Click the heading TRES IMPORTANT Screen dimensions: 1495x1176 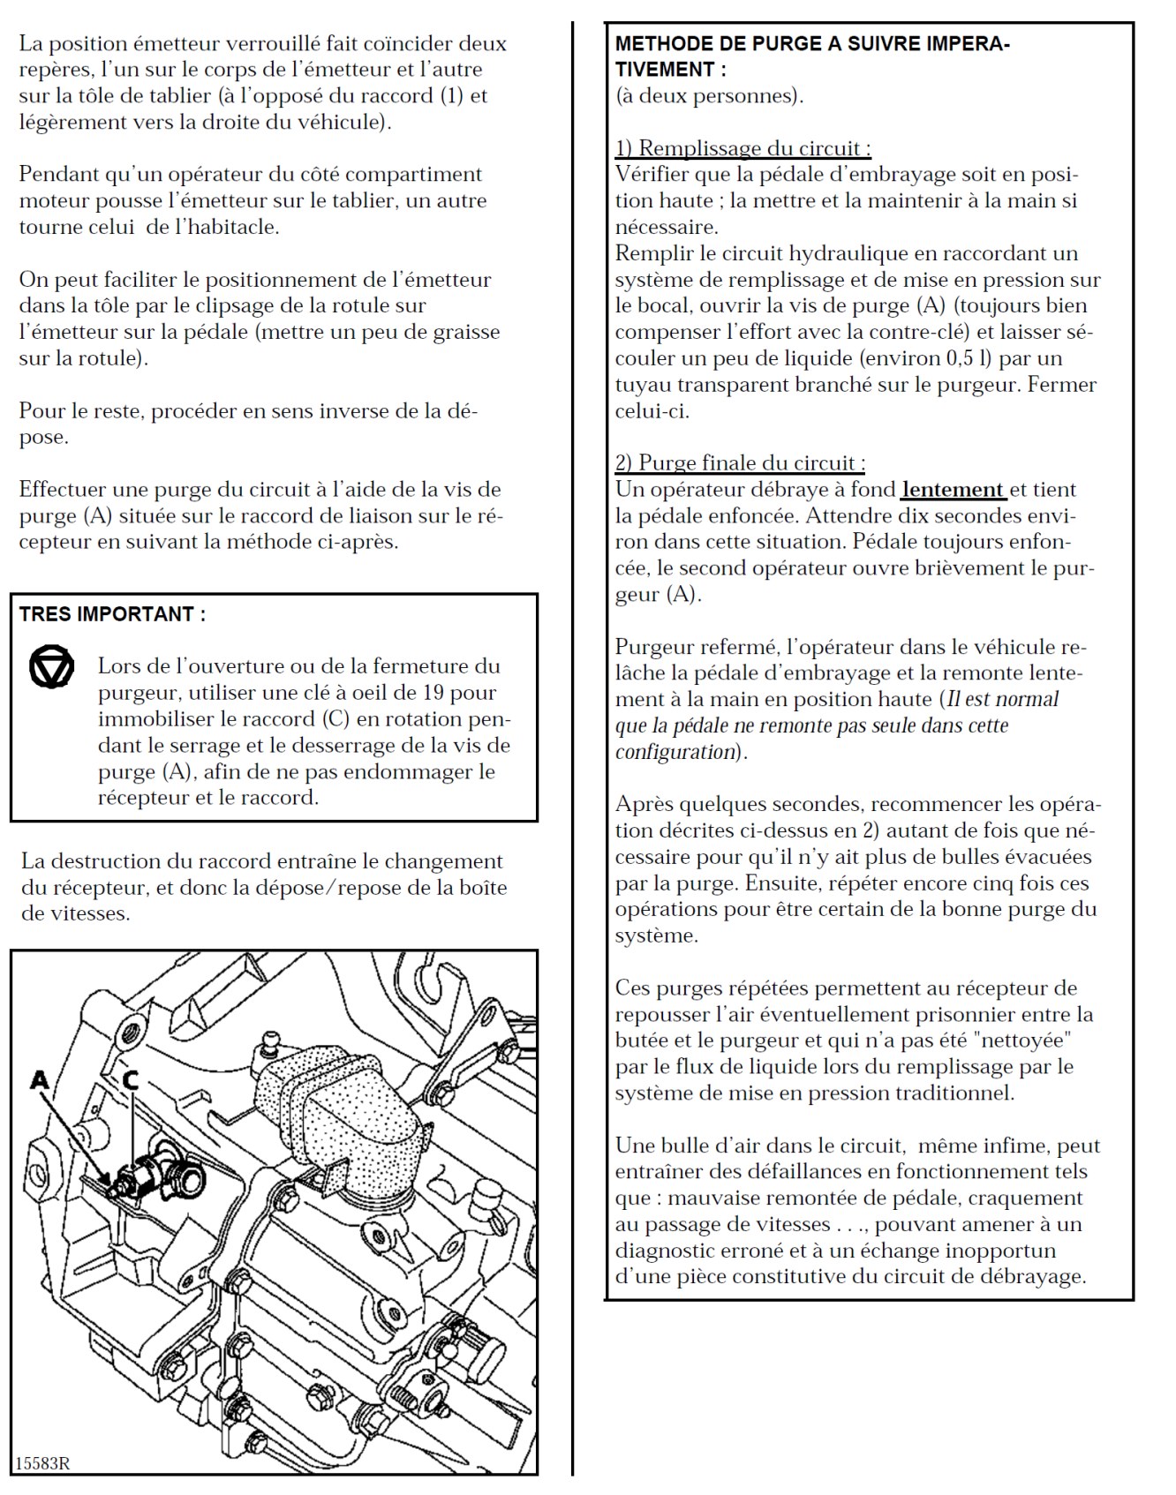[x=112, y=615]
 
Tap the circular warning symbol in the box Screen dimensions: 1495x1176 [x=51, y=668]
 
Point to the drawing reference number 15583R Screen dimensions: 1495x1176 [x=42, y=1463]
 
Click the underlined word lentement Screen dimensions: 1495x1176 [x=953, y=490]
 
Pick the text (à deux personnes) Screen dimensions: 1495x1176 [x=709, y=96]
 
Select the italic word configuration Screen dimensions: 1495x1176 [x=675, y=752]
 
